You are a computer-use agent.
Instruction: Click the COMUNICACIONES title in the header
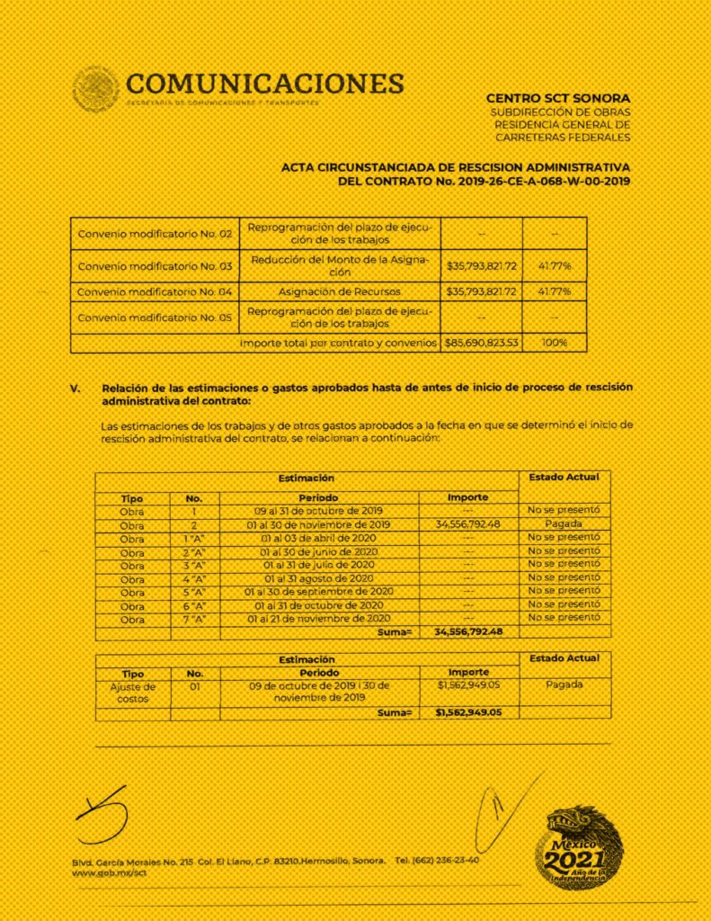265,84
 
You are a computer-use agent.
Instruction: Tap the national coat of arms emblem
95,90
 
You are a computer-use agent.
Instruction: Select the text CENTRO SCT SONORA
557,98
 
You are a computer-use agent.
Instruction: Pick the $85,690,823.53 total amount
481,344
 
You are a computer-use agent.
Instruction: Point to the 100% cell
555,344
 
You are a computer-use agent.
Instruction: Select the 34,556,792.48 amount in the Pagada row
467,523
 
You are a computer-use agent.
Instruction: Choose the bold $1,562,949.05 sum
467,712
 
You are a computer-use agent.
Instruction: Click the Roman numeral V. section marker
76,388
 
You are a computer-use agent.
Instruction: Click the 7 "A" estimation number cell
195,619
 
